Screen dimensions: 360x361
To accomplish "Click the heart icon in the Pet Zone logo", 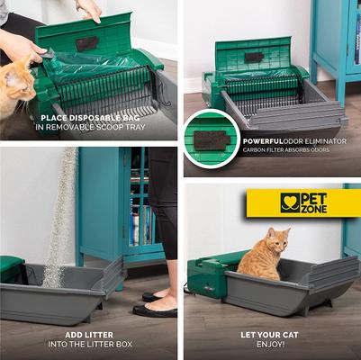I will click(x=290, y=202).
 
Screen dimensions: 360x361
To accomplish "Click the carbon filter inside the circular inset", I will click(x=211, y=139).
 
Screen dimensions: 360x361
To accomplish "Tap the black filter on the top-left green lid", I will click(x=87, y=43).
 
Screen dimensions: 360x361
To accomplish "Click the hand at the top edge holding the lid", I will click(x=89, y=9).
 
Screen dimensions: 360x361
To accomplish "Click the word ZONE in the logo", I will click(x=317, y=209).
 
